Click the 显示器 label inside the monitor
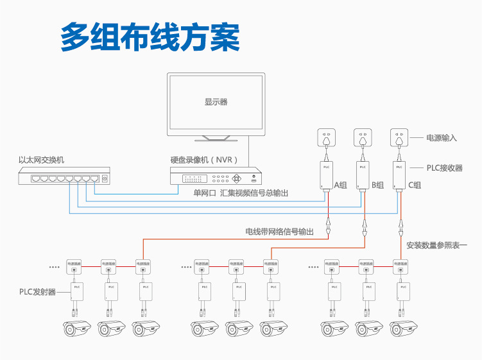click(216, 101)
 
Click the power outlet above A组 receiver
click(327, 138)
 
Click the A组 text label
click(340, 185)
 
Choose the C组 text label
click(415, 185)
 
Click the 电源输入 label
click(442, 138)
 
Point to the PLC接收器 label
click(445, 167)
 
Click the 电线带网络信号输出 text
click(279, 231)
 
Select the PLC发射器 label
click(37, 292)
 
